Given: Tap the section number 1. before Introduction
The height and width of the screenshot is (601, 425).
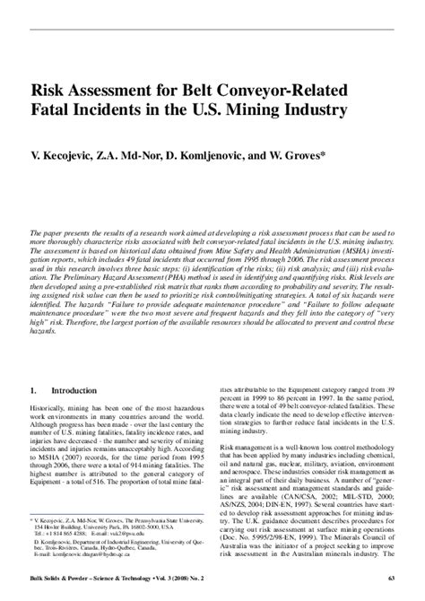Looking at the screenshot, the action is [x=33, y=391].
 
